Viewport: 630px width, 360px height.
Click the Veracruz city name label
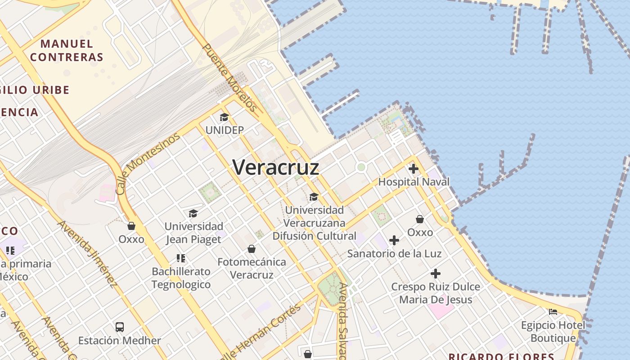pyautogui.click(x=276, y=167)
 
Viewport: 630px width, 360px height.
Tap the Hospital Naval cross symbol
pyautogui.click(x=413, y=169)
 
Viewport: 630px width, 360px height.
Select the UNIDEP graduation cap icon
pyautogui.click(x=224, y=117)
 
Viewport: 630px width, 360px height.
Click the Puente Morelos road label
pyautogui.click(x=229, y=77)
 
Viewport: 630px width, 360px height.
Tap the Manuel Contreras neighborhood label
pyautogui.click(x=67, y=50)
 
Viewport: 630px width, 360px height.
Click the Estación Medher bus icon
pyautogui.click(x=120, y=327)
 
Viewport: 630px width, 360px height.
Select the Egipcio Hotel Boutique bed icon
pyautogui.click(x=553, y=311)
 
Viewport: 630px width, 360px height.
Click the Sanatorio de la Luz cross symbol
pyautogui.click(x=394, y=240)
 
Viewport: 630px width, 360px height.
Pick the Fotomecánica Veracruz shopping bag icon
pyautogui.click(x=252, y=249)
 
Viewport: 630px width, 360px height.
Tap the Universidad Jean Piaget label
pyautogui.click(x=193, y=233)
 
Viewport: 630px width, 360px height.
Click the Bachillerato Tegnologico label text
pyautogui.click(x=181, y=278)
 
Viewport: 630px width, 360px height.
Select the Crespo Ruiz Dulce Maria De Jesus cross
pyautogui.click(x=435, y=274)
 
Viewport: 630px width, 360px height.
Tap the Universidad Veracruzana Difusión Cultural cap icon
pyautogui.click(x=314, y=197)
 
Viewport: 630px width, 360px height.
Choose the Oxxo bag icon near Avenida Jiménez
pyautogui.click(x=131, y=226)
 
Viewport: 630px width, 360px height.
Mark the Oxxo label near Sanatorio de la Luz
pyautogui.click(x=420, y=232)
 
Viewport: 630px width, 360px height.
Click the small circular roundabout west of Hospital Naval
pyautogui.click(x=360, y=167)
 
